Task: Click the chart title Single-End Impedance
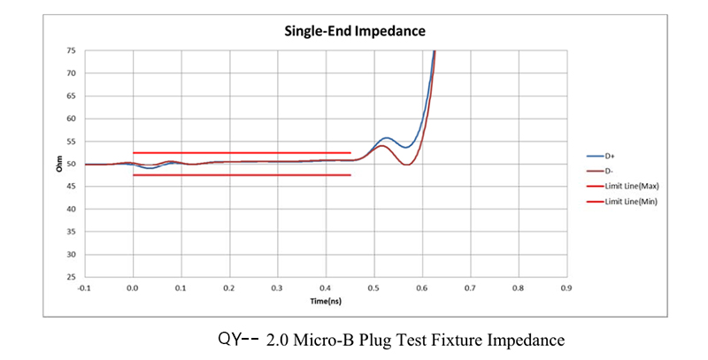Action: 354,31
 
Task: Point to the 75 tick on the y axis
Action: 71,50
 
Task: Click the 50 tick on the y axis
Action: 71,164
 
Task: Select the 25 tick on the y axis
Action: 71,277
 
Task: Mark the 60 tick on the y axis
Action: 71,119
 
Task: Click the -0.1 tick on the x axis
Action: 84,287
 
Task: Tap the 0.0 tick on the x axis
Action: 133,287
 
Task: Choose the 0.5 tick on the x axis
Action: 373,287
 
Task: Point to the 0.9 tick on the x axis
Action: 566,287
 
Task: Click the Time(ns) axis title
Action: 325,302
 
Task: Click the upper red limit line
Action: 242,153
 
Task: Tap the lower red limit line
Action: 242,175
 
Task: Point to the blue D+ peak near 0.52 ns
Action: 386,138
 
